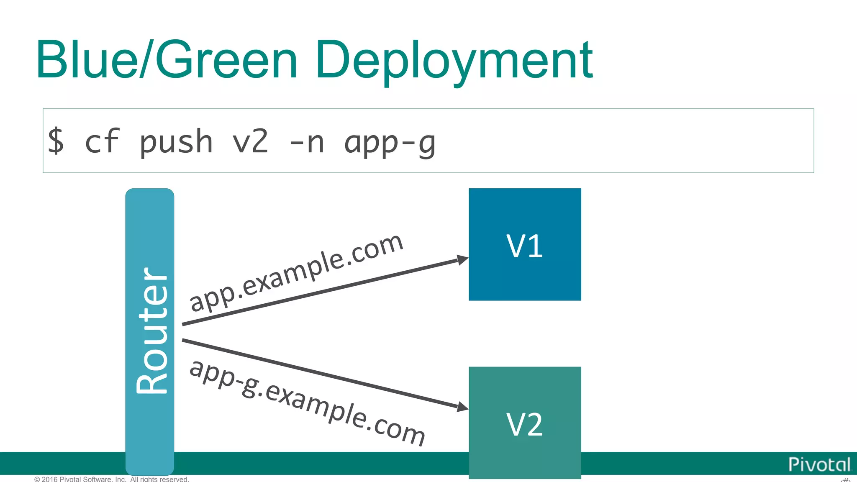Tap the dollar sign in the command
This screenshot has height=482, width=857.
click(x=56, y=141)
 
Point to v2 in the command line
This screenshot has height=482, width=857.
click(x=250, y=141)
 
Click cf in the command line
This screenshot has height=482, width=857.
click(x=102, y=141)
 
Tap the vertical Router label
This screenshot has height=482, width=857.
click(x=151, y=331)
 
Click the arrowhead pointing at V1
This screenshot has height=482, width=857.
click(x=462, y=260)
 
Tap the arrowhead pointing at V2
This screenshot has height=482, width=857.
click(x=462, y=407)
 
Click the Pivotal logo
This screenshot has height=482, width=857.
click(x=819, y=464)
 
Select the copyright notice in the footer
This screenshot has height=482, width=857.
click(x=112, y=479)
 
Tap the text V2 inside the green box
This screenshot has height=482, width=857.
click(x=525, y=425)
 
